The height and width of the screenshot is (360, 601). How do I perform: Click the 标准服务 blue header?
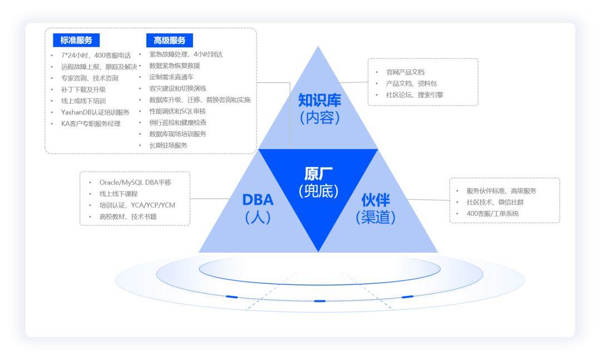76,40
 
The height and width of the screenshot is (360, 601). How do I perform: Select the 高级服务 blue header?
169,40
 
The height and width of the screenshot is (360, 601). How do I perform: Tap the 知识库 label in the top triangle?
319,100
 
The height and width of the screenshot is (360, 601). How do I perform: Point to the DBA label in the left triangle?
258,199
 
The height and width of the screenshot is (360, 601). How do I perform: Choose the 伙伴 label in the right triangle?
376,199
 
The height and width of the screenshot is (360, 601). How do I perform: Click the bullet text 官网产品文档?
405,72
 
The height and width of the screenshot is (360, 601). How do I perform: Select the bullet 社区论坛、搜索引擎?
414,95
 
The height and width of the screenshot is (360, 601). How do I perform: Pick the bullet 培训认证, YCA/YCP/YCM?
137,205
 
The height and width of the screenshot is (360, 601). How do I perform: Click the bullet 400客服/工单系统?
492,213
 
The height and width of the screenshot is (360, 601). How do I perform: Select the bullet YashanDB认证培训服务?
95,112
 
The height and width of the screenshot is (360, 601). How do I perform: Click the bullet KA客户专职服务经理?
91,124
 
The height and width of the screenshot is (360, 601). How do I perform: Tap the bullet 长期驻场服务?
169,145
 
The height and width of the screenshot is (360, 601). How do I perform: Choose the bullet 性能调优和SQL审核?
178,111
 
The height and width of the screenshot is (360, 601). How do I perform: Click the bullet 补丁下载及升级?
83,89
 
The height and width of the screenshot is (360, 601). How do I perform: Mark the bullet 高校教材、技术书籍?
128,216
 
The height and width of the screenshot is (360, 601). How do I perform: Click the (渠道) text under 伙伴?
376,218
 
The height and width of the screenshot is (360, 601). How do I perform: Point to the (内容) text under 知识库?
319,119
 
